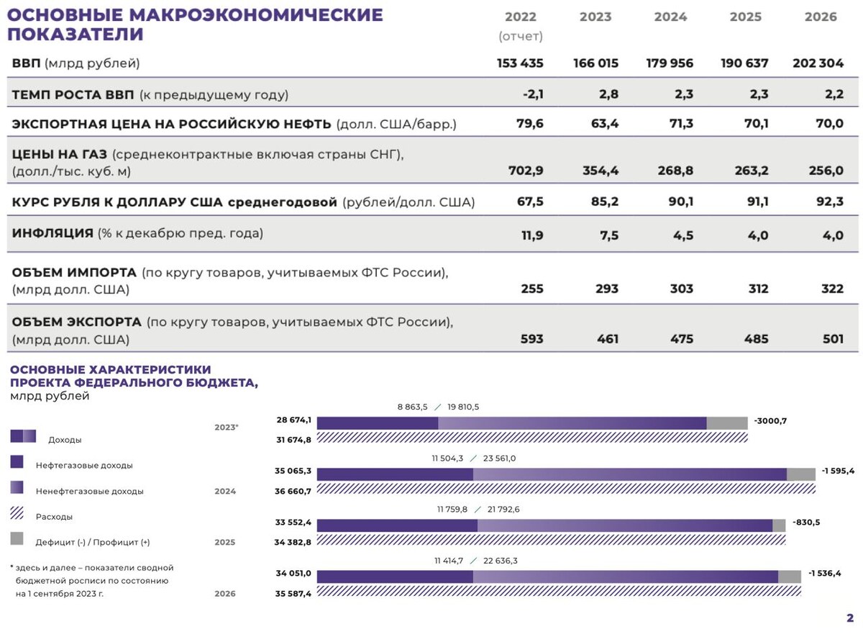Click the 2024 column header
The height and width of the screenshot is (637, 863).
coord(670,17)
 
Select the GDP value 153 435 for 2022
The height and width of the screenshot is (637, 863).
coord(520,63)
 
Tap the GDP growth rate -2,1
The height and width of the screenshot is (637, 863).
coord(533,94)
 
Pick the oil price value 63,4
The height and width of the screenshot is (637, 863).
coord(605,123)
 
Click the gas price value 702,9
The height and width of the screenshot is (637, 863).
coord(526,170)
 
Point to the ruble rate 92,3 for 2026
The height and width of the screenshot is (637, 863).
coord(830,202)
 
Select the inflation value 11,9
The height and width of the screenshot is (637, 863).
coord(532,235)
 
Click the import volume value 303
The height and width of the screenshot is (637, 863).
coord(682,289)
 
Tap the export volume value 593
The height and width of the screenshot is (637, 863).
coord(532,338)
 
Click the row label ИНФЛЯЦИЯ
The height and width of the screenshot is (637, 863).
coord(52,233)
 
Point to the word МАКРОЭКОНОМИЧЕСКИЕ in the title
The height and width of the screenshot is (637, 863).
coord(256,15)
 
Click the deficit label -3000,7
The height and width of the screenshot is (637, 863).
coord(770,420)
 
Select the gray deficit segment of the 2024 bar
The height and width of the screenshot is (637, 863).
coord(801,474)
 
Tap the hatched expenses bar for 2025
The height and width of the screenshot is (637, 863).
coord(551,539)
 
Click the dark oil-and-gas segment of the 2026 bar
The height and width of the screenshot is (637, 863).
coord(395,577)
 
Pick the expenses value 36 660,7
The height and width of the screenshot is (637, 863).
coord(293,491)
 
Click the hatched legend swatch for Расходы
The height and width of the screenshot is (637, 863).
coord(17,512)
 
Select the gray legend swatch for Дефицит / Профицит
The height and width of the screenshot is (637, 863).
coord(17,538)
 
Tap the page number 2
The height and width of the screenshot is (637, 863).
coord(850,618)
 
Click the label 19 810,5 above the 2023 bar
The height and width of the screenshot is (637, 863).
coord(463,407)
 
